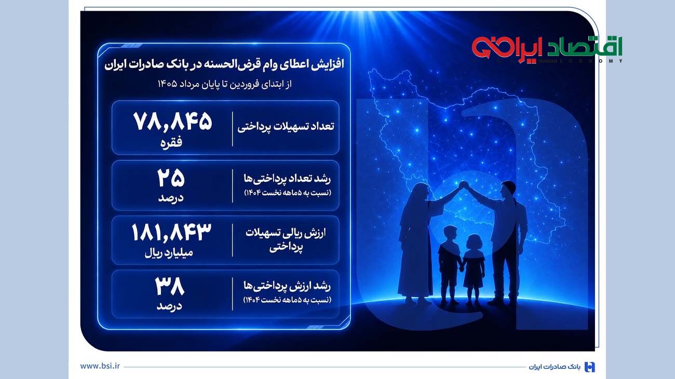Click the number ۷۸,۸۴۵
point(173,122)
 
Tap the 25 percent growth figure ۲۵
point(171,178)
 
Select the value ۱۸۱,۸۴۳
point(171,232)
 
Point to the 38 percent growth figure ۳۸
point(170,287)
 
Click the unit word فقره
point(171,143)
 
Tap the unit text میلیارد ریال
point(169,253)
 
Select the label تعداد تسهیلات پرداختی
point(286,127)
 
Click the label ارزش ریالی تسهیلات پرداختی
point(286,240)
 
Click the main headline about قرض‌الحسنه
point(224,65)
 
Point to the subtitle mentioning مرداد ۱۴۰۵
point(224,84)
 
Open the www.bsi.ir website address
point(100,366)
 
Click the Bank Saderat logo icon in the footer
point(590,367)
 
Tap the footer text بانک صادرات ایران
point(555,367)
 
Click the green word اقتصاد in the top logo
point(585,47)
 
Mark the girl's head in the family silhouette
point(474,243)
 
